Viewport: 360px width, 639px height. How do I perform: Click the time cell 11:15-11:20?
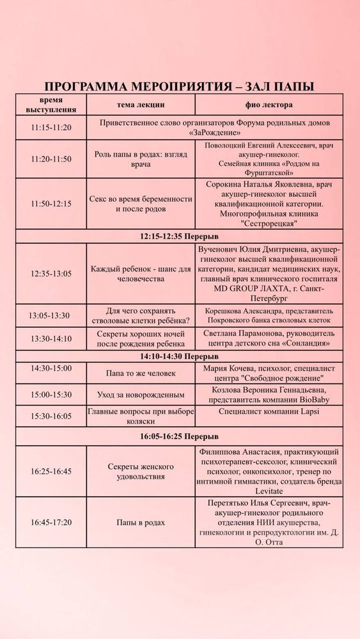tap(51, 127)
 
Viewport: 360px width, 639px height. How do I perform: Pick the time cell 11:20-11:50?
tap(51, 159)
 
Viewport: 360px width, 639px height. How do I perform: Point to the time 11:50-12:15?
tap(51, 204)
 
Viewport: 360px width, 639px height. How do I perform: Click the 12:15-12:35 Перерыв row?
tap(180, 236)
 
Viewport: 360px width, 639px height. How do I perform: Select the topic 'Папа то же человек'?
tap(141, 373)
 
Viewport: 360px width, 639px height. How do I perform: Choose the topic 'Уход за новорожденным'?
tap(141, 394)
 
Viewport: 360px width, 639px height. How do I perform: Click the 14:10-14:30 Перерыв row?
tap(180, 356)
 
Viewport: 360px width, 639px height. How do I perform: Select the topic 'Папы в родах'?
tap(141, 522)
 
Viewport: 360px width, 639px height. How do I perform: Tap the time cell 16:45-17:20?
tap(51, 522)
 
